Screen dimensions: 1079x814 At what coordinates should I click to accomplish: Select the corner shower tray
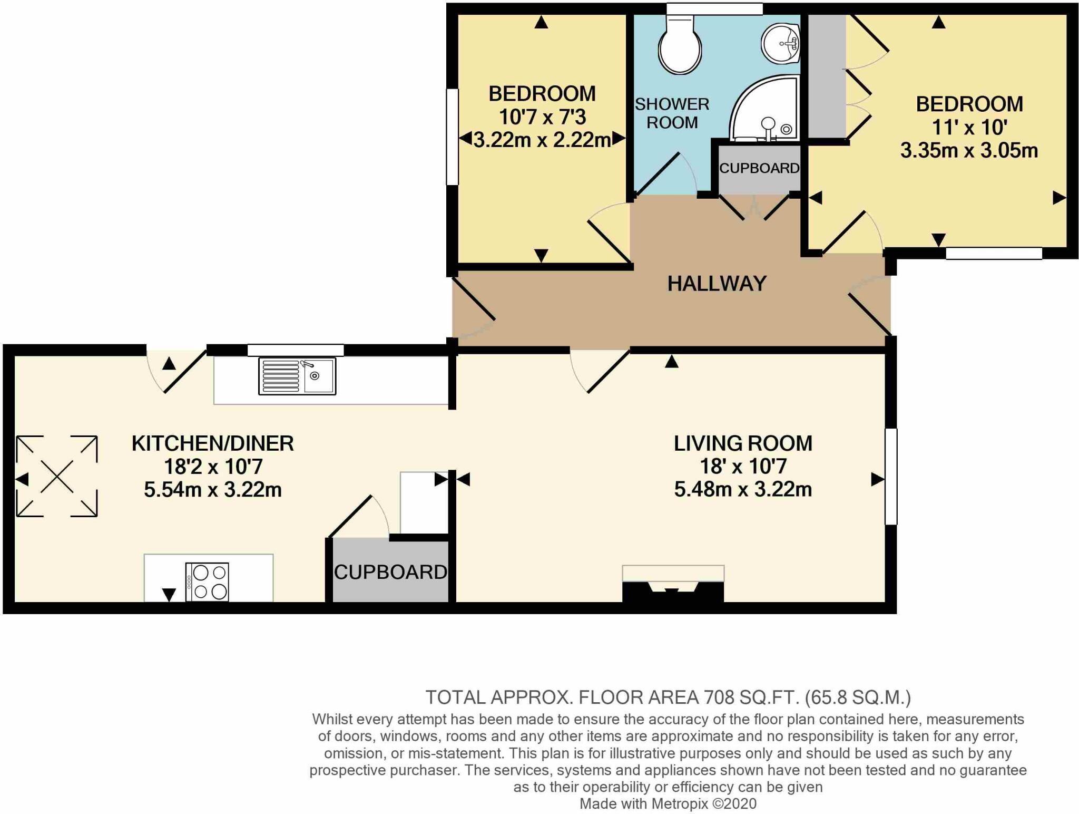764,108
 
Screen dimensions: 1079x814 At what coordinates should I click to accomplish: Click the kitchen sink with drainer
297,376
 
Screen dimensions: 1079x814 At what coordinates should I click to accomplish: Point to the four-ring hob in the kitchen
207,582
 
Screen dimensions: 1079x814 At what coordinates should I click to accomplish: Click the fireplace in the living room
673,584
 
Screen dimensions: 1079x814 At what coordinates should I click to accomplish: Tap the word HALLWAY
717,284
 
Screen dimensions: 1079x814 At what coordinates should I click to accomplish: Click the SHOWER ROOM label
672,113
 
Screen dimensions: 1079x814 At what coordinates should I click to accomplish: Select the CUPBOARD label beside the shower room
759,168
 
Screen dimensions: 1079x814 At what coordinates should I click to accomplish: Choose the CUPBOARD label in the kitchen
390,572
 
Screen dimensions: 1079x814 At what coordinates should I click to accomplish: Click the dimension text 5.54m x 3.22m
213,490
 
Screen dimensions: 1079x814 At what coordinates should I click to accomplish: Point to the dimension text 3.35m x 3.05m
969,151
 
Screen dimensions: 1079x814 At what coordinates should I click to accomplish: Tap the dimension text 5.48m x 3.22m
743,489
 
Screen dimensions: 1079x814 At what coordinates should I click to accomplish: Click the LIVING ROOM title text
743,443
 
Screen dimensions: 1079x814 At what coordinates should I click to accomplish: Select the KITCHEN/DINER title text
213,443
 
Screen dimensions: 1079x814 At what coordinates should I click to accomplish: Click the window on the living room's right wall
890,477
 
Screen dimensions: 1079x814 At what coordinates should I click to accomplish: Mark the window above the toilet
714,8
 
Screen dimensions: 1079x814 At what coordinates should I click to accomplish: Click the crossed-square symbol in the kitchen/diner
57,476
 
